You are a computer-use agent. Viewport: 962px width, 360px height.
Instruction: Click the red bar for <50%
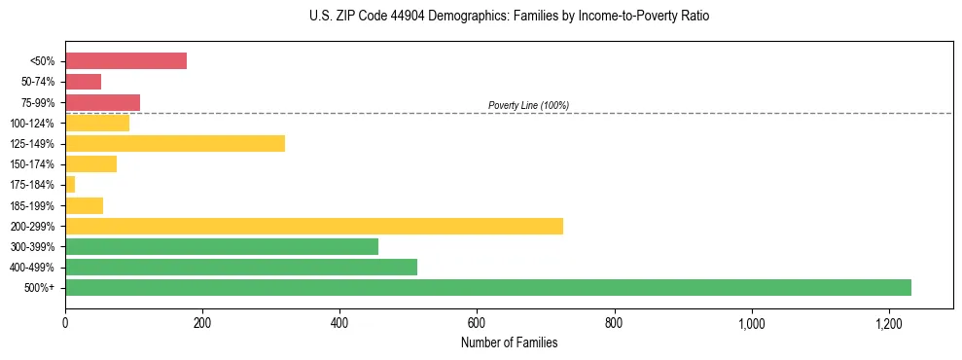pyautogui.click(x=125, y=60)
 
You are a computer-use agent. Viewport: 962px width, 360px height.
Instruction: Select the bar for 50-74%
pyautogui.click(x=83, y=82)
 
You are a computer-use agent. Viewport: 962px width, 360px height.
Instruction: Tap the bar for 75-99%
pyautogui.click(x=102, y=102)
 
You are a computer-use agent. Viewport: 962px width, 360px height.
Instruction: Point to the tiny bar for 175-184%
pyautogui.click(x=70, y=185)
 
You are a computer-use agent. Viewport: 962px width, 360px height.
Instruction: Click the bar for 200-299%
pyautogui.click(x=314, y=226)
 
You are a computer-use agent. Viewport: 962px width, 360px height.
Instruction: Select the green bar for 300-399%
pyautogui.click(x=222, y=247)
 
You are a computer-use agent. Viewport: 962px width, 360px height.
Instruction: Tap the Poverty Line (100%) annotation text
pyautogui.click(x=528, y=105)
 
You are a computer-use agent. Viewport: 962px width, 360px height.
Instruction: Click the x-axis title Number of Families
pyautogui.click(x=509, y=342)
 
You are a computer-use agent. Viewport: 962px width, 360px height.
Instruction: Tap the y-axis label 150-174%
pyautogui.click(x=33, y=164)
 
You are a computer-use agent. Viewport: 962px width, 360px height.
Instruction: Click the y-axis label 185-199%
pyautogui.click(x=33, y=205)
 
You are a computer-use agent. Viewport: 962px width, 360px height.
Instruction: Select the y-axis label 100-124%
pyautogui.click(x=33, y=124)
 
